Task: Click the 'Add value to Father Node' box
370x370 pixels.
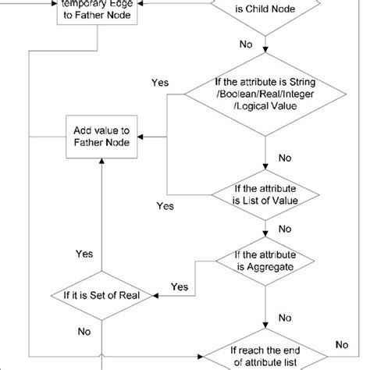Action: click(101, 137)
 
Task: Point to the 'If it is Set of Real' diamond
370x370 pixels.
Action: click(102, 295)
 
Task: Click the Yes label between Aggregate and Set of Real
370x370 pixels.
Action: click(179, 286)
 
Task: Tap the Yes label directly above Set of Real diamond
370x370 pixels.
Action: click(84, 254)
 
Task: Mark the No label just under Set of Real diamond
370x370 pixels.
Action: click(84, 330)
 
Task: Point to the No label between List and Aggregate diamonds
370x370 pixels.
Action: click(285, 229)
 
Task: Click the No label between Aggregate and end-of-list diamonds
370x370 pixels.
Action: click(286, 318)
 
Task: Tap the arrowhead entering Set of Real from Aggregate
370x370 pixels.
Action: click(157, 295)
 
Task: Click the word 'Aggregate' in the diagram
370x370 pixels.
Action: click(271, 267)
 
